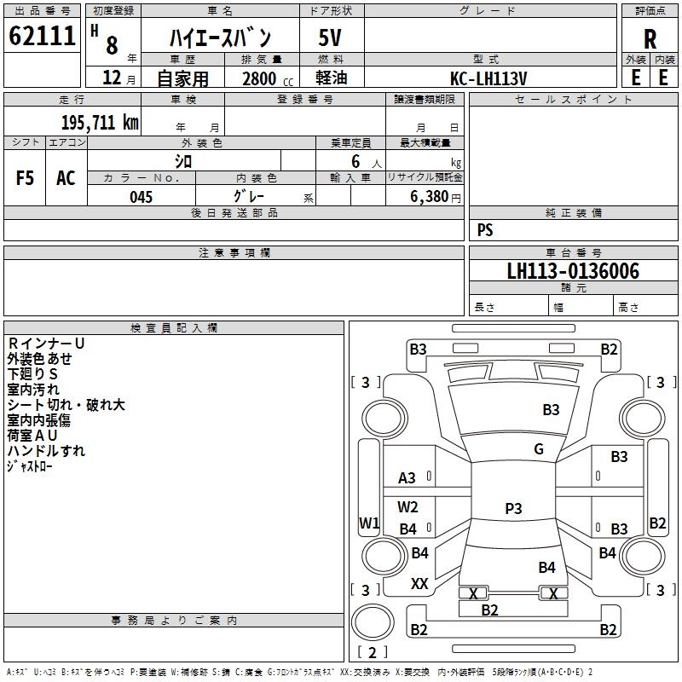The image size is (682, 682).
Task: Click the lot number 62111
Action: pos(43,37)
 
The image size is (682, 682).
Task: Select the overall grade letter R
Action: pos(650,39)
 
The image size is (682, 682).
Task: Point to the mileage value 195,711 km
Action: pos(99,122)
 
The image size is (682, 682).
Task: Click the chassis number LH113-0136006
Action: pos(572,271)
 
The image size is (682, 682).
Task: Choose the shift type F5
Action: pos(26,178)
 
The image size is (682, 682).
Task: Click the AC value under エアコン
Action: pos(66,178)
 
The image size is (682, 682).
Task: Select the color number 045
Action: pos(141,197)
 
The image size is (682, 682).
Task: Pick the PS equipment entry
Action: pos(485,230)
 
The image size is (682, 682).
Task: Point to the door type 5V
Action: pos(330,38)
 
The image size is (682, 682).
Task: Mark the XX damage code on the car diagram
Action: pos(419,584)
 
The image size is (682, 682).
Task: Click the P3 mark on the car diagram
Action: pos(513,508)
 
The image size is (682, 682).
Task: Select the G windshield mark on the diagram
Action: pos(538,449)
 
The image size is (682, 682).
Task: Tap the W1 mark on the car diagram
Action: pos(369,523)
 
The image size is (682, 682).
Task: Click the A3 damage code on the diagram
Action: pos(407,478)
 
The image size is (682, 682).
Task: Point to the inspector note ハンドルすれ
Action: pos(47,451)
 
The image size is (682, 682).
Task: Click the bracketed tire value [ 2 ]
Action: pos(372,652)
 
